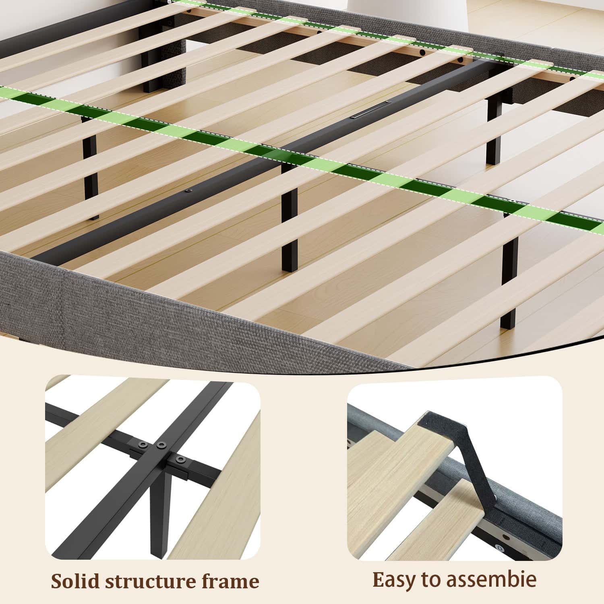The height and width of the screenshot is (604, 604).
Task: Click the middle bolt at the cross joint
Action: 162,445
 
